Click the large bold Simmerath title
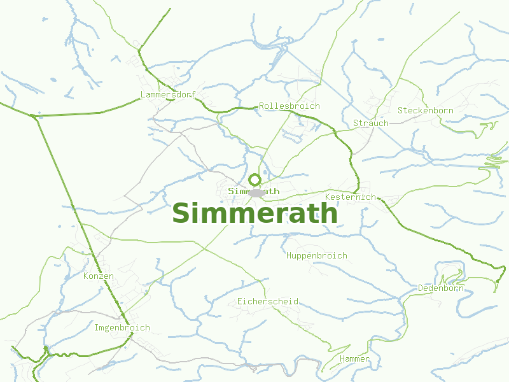click(254, 213)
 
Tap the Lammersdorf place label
click(168, 95)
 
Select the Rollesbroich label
click(289, 106)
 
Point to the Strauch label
click(370, 123)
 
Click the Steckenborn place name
click(426, 110)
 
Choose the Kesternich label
click(350, 197)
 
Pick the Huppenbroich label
click(317, 255)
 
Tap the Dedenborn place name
click(441, 288)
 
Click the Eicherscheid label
click(268, 301)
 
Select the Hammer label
click(354, 359)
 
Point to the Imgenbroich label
click(122, 328)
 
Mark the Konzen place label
click(99, 276)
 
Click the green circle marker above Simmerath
click(254, 180)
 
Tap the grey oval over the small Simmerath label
click(257, 192)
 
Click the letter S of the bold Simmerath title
click(182, 213)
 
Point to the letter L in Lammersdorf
click(143, 95)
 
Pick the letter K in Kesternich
click(328, 197)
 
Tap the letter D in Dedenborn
click(421, 288)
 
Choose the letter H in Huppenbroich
click(289, 255)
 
